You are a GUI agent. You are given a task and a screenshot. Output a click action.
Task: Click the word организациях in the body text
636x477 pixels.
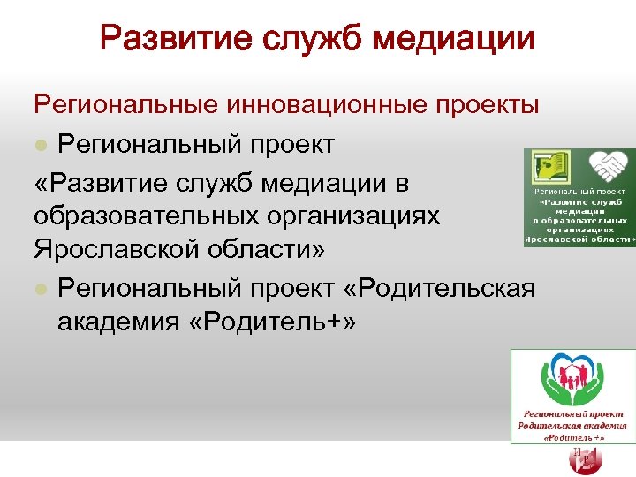(357, 216)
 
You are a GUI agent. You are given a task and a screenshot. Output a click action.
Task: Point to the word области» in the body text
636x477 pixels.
(269, 251)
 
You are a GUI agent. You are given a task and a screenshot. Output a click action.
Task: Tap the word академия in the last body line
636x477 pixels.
(124, 322)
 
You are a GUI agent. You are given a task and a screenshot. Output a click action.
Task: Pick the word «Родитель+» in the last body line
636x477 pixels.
(279, 322)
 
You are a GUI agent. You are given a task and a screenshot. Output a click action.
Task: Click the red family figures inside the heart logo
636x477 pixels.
(572, 378)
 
